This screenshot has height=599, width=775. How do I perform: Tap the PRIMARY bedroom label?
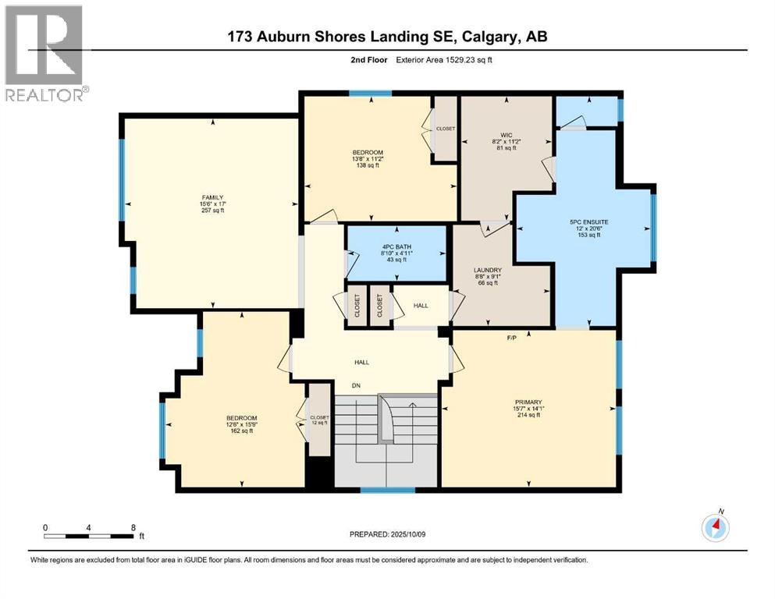(528, 402)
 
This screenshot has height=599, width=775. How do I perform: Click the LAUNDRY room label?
(487, 271)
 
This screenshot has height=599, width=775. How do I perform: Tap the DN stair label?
(356, 385)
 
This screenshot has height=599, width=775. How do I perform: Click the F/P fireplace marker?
(512, 338)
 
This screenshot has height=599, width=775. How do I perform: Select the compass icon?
(715, 528)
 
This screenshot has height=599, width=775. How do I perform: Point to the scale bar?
(89, 536)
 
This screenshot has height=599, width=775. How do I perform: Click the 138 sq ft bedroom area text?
(367, 165)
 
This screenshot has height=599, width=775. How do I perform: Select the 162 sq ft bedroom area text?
(241, 431)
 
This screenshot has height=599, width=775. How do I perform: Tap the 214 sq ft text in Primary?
(528, 415)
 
